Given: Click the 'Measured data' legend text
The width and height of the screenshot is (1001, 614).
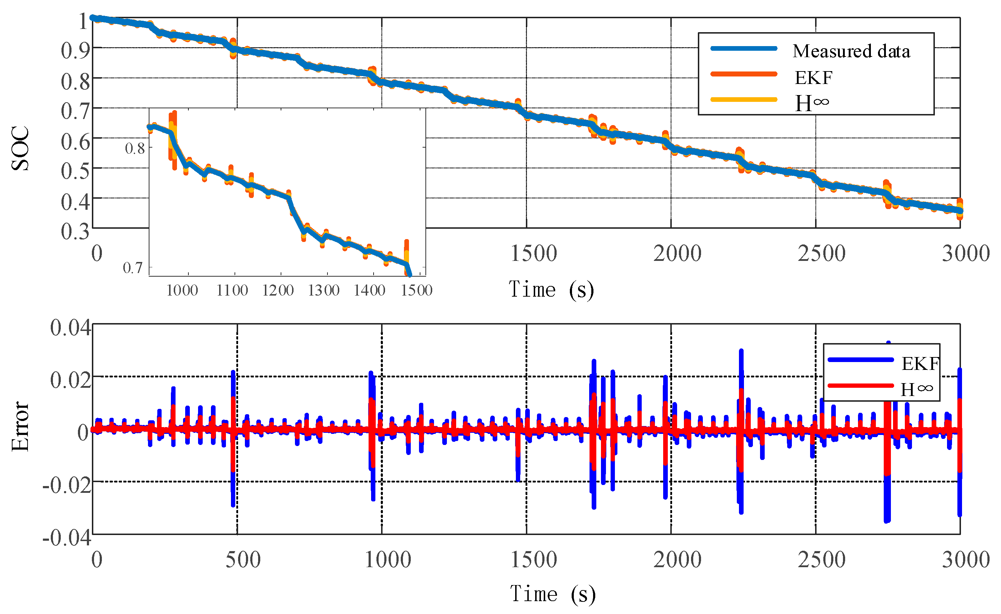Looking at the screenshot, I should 851,51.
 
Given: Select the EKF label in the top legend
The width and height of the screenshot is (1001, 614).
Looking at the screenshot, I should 813,78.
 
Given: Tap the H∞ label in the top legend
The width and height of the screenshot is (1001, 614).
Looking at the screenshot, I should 812,103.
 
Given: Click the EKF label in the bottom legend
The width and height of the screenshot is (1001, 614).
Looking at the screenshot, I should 920,363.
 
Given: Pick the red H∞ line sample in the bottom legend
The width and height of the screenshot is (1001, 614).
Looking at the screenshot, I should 861,385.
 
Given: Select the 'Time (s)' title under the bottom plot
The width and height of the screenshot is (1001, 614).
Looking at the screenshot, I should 552,594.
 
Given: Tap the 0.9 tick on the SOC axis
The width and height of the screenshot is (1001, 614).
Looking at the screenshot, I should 75,51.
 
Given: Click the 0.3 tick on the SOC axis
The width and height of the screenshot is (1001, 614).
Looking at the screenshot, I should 75,232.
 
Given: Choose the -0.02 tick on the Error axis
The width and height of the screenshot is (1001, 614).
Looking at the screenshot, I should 67,485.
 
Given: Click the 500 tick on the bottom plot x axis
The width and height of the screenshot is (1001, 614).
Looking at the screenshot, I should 243,560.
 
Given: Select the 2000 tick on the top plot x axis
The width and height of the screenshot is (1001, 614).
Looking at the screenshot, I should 677,253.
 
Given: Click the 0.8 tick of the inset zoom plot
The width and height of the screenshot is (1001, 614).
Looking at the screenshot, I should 135,149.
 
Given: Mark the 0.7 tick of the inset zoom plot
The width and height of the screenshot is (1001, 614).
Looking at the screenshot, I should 133,268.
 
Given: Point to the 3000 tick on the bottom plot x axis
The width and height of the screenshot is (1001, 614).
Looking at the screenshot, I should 966,560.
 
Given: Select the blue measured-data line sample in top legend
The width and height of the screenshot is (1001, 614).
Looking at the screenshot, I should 744,48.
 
